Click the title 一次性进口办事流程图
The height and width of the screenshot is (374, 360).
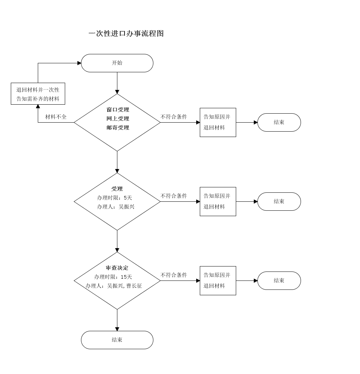[x=126, y=33]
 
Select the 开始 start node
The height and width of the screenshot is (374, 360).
[x=117, y=63]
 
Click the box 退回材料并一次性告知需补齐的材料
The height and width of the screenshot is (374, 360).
[x=38, y=94]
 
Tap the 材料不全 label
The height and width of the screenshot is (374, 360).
[x=56, y=117]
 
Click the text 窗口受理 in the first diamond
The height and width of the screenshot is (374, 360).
[x=118, y=110]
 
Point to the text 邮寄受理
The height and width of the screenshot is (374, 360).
[x=118, y=128]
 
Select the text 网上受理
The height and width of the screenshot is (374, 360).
[x=118, y=119]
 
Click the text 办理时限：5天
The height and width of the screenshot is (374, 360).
[x=114, y=198]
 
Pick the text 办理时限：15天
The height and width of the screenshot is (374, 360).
[x=113, y=277]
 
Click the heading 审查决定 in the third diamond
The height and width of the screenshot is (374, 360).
[x=117, y=268]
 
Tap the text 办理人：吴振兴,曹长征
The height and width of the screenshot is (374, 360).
[x=114, y=286]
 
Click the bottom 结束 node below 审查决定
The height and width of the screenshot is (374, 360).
[x=117, y=340]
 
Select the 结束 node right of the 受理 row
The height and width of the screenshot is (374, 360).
[x=279, y=201]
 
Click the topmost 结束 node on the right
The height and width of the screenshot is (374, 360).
[x=279, y=122]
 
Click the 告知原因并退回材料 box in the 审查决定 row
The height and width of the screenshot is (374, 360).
[x=218, y=280]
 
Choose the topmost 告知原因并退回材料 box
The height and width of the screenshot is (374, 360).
[x=218, y=122]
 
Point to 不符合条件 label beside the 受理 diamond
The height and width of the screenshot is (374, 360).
[x=174, y=196]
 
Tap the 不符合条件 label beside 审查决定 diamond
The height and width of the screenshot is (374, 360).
[x=174, y=275]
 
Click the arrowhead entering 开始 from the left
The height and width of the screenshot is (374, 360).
[x=79, y=63]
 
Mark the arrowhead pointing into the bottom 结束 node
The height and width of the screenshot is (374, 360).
[x=117, y=329]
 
